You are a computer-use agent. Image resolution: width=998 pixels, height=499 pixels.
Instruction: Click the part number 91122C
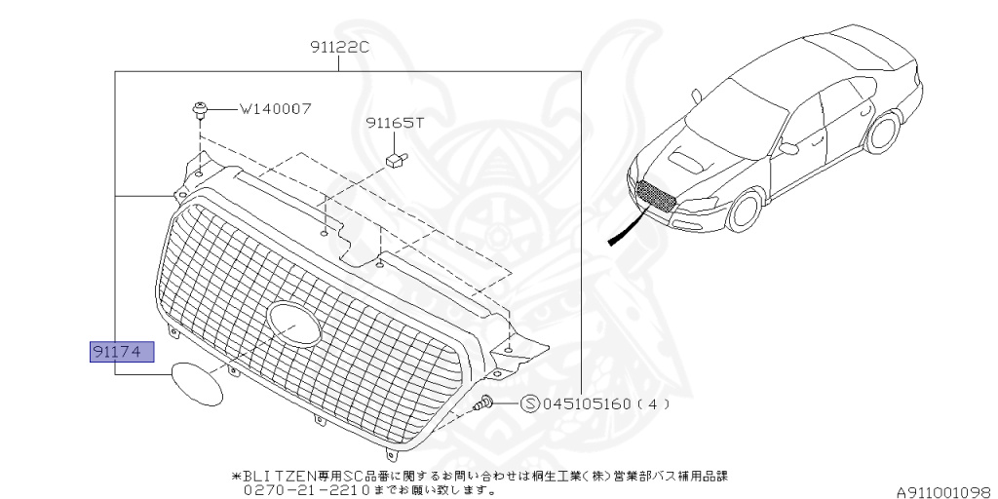point(340,46)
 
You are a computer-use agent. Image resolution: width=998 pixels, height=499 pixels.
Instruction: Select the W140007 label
point(276,109)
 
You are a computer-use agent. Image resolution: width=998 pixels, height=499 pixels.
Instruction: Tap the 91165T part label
point(396,124)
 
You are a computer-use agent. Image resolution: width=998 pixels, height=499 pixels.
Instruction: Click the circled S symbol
point(530,403)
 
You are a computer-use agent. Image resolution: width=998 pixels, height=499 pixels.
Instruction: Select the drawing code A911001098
point(944,491)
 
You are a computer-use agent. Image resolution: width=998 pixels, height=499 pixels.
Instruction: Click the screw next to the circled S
point(484,403)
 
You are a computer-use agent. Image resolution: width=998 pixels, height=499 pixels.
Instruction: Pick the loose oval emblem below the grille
point(195,383)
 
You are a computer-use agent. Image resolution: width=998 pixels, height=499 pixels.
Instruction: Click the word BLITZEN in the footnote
point(274,477)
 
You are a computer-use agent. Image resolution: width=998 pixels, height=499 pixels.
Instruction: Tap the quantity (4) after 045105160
point(653,403)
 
